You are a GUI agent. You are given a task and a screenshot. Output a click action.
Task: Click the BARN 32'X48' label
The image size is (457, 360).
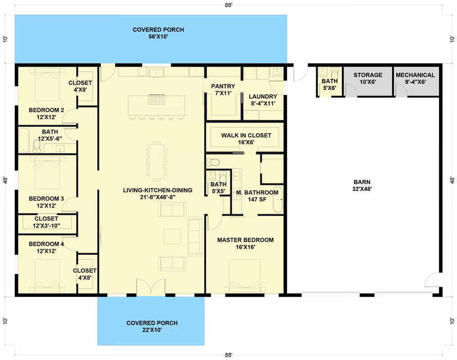[362, 185]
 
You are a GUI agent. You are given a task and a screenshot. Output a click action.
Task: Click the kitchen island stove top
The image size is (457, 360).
[157, 100]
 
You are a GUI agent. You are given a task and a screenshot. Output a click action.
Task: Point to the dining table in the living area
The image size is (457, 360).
[157, 160]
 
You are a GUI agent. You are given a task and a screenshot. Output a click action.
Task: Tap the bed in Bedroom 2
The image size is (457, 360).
[47, 85]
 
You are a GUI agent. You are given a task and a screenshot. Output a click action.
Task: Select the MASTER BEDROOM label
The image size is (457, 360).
[246, 240]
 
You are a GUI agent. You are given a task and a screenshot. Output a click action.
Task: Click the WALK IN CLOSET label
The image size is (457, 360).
[246, 135]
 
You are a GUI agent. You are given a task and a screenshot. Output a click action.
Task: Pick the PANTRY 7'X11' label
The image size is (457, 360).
[223, 90]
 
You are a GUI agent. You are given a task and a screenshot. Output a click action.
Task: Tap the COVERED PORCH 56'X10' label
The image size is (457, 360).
[158, 33]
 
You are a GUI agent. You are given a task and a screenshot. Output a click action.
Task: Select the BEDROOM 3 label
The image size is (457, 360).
[46, 199]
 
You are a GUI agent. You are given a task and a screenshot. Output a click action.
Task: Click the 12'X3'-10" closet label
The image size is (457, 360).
[46, 222]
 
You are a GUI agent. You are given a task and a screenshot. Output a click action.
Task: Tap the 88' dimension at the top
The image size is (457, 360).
[229, 5]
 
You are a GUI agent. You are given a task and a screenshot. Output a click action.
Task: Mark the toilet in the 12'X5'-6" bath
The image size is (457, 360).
[37, 146]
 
